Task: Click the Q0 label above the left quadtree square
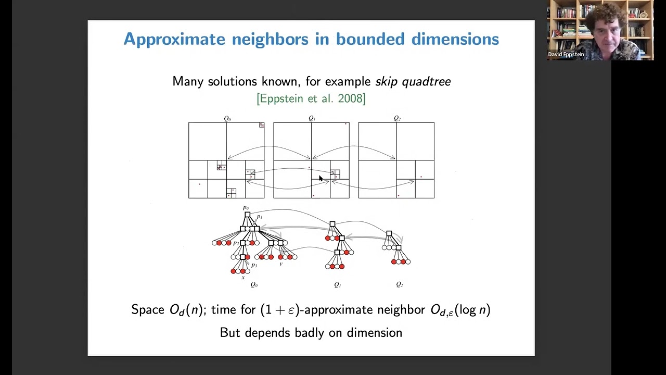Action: [x=227, y=119]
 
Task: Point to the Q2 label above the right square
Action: [x=397, y=119]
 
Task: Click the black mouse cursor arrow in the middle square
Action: [x=321, y=179]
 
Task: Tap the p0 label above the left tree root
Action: [x=246, y=208]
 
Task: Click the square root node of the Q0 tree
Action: [x=247, y=215]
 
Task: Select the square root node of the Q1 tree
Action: [x=332, y=224]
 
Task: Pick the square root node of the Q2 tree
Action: [x=389, y=234]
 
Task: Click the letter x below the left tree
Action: [x=243, y=278]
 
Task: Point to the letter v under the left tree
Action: [x=281, y=264]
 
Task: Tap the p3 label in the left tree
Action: [x=254, y=265]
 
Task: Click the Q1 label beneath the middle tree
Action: [x=338, y=285]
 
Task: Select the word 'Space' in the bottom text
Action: [x=148, y=310]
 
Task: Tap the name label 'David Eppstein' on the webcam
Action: [x=566, y=55]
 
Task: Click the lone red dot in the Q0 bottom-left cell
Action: [x=199, y=184]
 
